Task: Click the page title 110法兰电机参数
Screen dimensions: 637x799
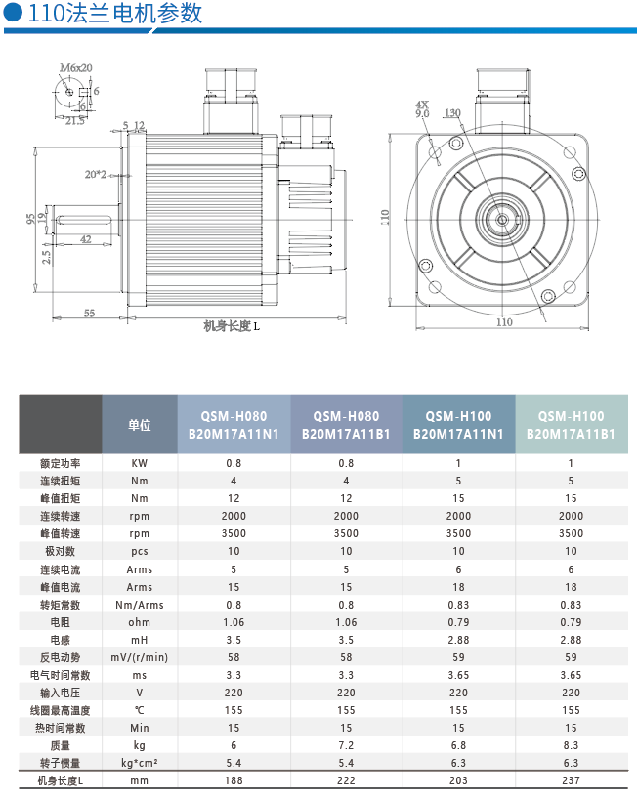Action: click(x=114, y=13)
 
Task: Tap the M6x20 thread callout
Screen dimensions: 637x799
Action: click(x=76, y=67)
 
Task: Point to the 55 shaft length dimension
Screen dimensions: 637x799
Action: click(x=89, y=313)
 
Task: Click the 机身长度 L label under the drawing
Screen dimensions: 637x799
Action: click(x=232, y=326)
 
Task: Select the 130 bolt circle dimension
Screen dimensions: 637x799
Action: click(x=452, y=112)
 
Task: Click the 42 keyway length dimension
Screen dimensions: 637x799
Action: click(x=86, y=239)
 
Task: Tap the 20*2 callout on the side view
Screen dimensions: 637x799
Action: click(x=96, y=174)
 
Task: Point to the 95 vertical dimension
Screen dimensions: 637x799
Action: click(x=31, y=218)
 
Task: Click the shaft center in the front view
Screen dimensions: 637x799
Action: click(x=502, y=220)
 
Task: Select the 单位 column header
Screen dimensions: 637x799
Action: click(x=139, y=425)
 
